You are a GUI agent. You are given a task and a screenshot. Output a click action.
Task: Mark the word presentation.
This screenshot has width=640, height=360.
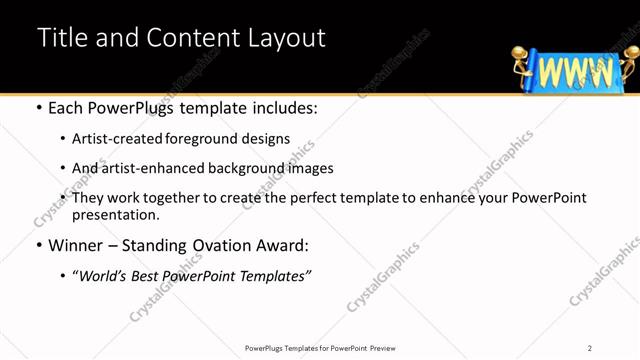click(x=115, y=214)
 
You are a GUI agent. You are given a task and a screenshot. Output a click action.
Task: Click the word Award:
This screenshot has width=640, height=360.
click(x=287, y=244)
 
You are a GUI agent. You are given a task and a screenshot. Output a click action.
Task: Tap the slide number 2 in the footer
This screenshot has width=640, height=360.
click(x=590, y=348)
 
